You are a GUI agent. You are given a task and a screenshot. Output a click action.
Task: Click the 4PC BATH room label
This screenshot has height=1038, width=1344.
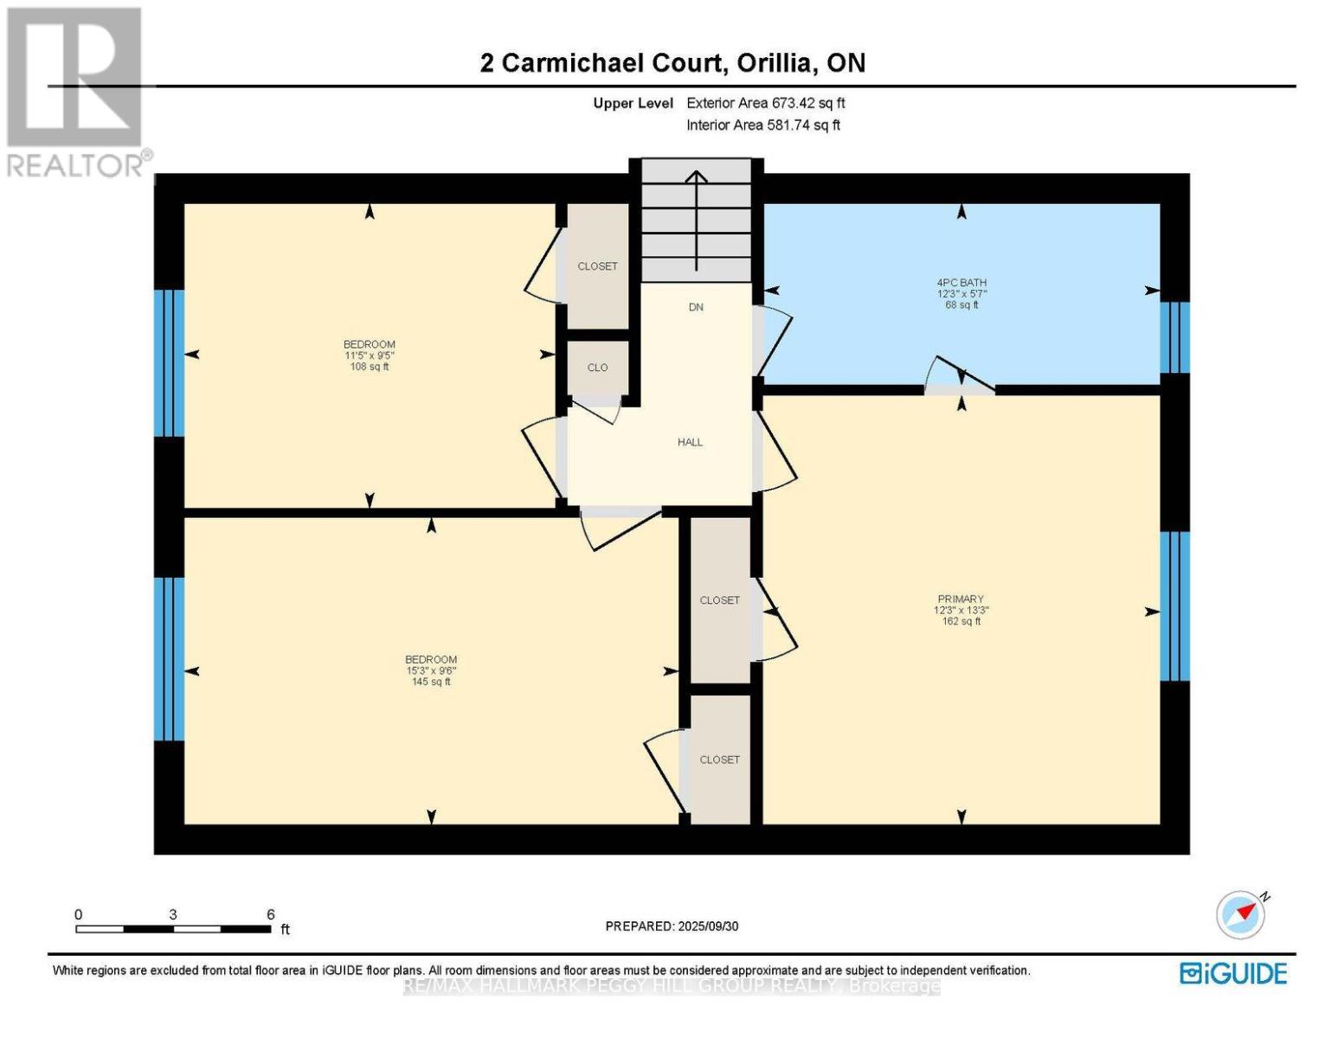[x=961, y=283]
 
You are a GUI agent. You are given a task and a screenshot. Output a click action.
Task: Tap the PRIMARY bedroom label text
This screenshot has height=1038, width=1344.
[x=961, y=599]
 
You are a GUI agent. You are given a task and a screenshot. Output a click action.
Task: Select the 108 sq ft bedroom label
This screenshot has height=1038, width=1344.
[x=370, y=355]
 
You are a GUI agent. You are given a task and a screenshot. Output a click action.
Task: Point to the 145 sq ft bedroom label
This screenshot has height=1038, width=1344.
[x=431, y=670]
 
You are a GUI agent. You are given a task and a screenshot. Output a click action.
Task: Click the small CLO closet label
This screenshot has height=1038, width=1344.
[x=597, y=368]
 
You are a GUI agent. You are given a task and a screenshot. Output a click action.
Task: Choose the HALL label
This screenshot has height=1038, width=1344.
[x=690, y=442]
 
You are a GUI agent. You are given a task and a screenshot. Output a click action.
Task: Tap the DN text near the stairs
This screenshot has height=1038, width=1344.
[x=696, y=307]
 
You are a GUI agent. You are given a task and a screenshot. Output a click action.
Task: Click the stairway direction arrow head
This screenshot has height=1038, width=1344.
[x=696, y=176]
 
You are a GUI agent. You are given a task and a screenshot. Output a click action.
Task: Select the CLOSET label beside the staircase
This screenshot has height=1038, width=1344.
[x=597, y=266]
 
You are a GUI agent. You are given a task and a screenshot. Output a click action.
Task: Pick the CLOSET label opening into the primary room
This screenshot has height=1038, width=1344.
[x=719, y=600]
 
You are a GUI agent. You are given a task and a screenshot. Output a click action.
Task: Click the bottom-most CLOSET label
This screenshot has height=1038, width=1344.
[x=719, y=759]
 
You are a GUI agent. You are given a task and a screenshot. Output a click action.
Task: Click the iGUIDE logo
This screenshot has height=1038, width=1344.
[x=1233, y=973]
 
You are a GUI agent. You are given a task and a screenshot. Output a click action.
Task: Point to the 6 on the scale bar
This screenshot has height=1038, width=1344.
[x=270, y=914]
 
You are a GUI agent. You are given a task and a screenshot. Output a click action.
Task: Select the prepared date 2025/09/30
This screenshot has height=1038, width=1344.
[x=672, y=926]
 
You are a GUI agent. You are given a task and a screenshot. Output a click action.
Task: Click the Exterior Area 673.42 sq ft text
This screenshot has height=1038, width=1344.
[x=765, y=103]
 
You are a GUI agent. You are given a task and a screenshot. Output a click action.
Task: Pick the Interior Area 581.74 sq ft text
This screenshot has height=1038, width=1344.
[x=762, y=125]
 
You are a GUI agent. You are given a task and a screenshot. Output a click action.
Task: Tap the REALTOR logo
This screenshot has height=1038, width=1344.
[x=76, y=91]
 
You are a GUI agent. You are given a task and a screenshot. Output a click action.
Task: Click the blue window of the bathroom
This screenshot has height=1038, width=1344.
[x=1174, y=337]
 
